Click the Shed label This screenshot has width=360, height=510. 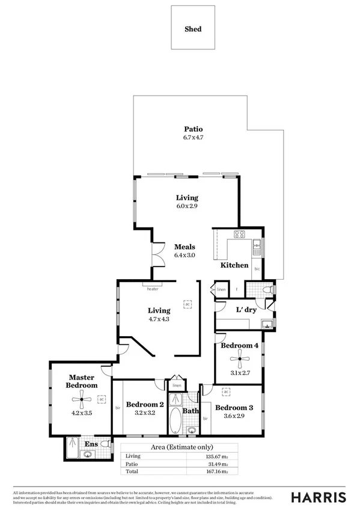(x=193, y=29)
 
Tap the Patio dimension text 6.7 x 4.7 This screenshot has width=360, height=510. (x=193, y=138)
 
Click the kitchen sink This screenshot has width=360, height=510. (x=257, y=244)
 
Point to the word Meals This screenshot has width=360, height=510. (x=185, y=247)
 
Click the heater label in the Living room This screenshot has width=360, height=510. (x=153, y=289)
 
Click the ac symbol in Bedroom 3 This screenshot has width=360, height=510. (x=226, y=392)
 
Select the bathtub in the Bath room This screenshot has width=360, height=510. (x=175, y=420)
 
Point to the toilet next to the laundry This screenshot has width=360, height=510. (x=269, y=290)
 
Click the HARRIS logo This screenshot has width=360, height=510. (x=319, y=497)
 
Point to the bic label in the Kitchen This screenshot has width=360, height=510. (x=257, y=269)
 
